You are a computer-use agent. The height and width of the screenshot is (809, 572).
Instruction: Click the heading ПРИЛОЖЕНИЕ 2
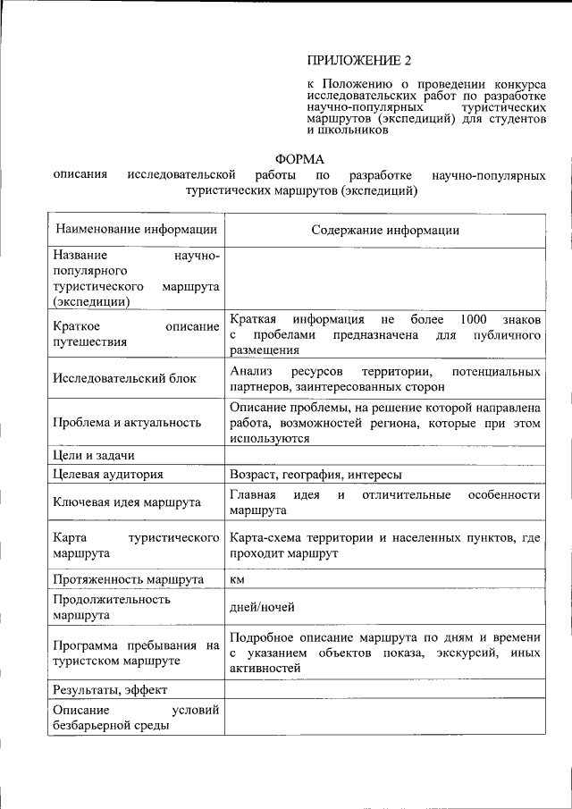coord(358,61)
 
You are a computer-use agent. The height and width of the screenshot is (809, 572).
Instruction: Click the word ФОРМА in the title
coord(299,159)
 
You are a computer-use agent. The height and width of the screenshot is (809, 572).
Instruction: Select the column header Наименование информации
coord(135,230)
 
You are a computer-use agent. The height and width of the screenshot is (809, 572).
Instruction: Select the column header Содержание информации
coord(385,230)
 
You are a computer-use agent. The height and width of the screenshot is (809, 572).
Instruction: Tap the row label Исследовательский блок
coord(124,378)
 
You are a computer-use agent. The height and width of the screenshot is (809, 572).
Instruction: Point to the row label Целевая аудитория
coord(107,474)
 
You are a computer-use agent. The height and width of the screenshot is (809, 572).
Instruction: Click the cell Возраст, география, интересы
coord(315,474)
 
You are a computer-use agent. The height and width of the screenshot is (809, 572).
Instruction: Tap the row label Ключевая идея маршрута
coord(126,502)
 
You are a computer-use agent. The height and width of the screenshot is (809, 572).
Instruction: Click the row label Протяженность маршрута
coord(128,579)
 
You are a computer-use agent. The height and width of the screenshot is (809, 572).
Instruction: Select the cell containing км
coord(237,579)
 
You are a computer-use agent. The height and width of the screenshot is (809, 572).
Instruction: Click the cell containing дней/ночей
coord(262,607)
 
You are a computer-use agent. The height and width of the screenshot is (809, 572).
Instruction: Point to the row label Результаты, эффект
coord(110,689)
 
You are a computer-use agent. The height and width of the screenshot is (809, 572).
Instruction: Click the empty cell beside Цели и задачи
coord(385,455)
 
